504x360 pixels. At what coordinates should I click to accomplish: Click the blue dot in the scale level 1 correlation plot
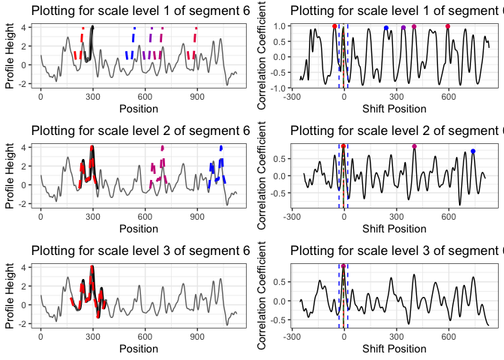tap(386, 28)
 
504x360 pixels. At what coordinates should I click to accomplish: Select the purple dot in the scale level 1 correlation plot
tap(403, 28)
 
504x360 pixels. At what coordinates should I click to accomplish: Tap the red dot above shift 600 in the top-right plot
tap(448, 26)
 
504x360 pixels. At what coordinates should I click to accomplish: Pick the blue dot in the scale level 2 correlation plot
tap(473, 151)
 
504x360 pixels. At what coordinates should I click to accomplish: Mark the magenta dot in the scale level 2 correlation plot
tap(414, 146)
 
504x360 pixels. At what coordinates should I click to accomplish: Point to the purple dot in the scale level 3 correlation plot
tap(343, 266)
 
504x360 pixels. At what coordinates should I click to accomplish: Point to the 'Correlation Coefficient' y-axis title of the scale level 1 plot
tap(262, 56)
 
